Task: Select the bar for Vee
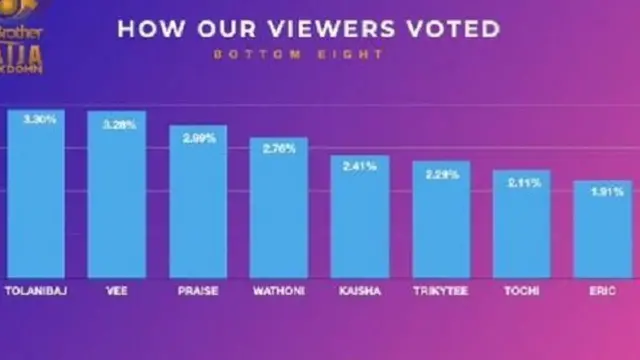tap(117, 194)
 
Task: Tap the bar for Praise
tap(198, 201)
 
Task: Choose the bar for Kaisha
tap(360, 216)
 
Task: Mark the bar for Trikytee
tap(441, 219)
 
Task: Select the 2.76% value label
tap(279, 148)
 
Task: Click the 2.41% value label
tap(360, 166)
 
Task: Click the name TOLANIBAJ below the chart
tap(36, 291)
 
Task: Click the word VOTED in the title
tap(449, 27)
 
